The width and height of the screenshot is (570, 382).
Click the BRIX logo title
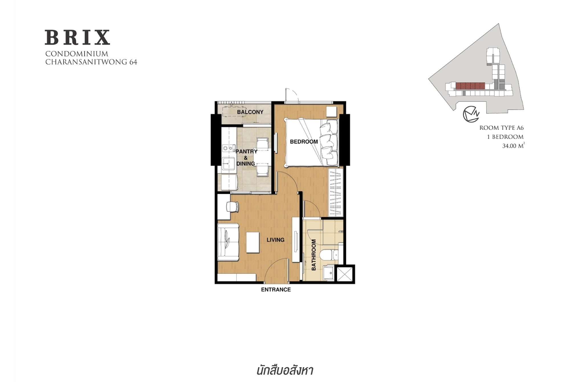pyautogui.click(x=77, y=37)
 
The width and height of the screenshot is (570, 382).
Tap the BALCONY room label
pyautogui.click(x=250, y=112)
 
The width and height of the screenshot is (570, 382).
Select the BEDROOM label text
pyautogui.click(x=304, y=142)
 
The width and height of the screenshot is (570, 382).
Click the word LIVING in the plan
pyautogui.click(x=275, y=240)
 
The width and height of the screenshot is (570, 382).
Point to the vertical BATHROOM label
pyautogui.click(x=314, y=255)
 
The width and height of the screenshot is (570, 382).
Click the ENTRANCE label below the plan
pyautogui.click(x=276, y=290)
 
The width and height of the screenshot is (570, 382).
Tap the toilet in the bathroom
pyautogui.click(x=329, y=255)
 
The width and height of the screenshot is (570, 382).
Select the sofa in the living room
pyautogui.click(x=228, y=242)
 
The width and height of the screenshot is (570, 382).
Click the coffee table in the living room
pyautogui.click(x=253, y=243)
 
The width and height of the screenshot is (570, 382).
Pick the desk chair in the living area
pyautogui.click(x=233, y=207)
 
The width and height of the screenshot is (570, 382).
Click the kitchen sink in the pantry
pyautogui.click(x=229, y=164)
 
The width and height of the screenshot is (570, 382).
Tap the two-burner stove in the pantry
pyautogui.click(x=229, y=148)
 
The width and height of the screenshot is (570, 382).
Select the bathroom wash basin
pyautogui.click(x=329, y=273)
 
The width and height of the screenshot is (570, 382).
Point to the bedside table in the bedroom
pyautogui.click(x=331, y=111)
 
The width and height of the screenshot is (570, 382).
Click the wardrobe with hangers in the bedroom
pyautogui.click(x=335, y=192)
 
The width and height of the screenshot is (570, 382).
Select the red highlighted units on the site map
pyautogui.click(x=470, y=86)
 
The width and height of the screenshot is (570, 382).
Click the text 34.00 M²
pyautogui.click(x=513, y=146)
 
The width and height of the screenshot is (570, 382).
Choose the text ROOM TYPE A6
pyautogui.click(x=502, y=128)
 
